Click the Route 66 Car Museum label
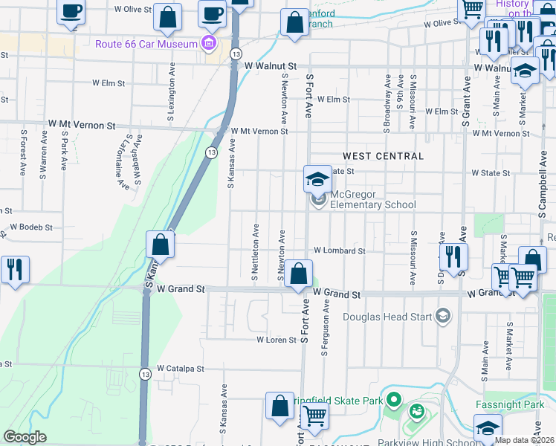coord(146,44)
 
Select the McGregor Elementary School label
coord(372,199)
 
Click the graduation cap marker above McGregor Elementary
coord(317,178)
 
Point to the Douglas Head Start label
coord(388,317)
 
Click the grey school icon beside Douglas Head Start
coord(444,316)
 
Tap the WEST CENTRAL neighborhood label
coord(383,156)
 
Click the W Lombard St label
coord(339,251)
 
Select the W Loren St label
coord(277,340)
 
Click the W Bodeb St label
coord(30,227)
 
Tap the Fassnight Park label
coord(511,406)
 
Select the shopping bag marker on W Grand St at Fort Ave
coord(298,274)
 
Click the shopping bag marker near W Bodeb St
coord(160,243)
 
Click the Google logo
coord(25,437)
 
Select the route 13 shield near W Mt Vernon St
coord(213,152)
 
